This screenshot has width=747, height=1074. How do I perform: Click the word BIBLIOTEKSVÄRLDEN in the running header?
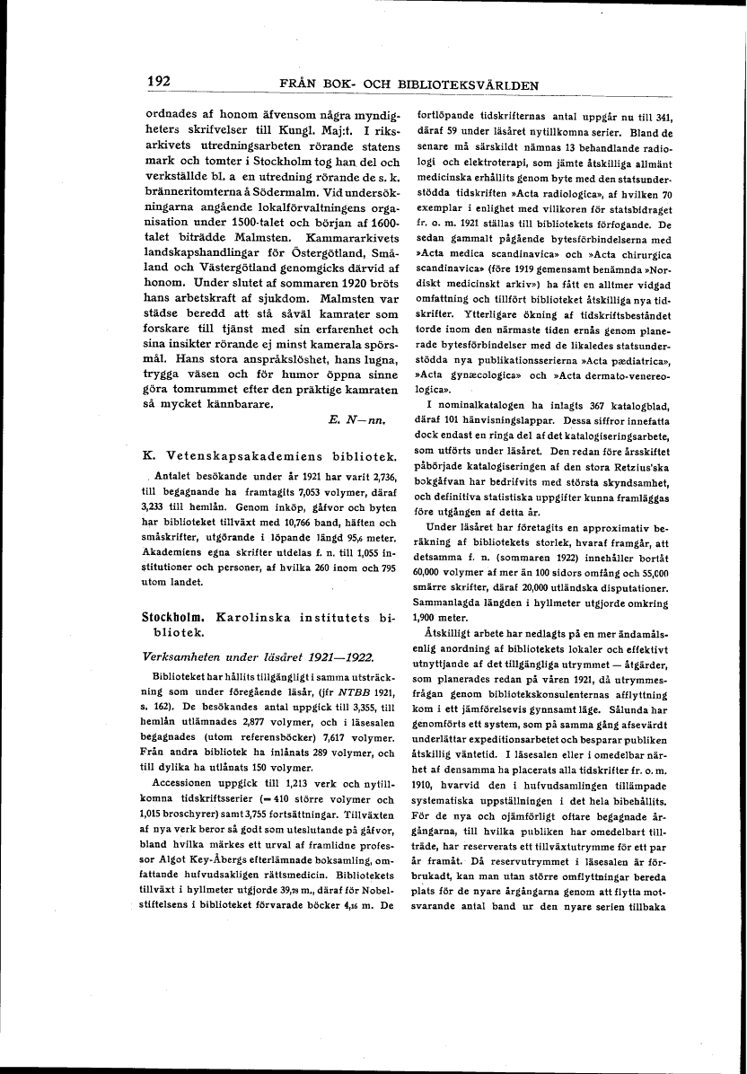(468, 86)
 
